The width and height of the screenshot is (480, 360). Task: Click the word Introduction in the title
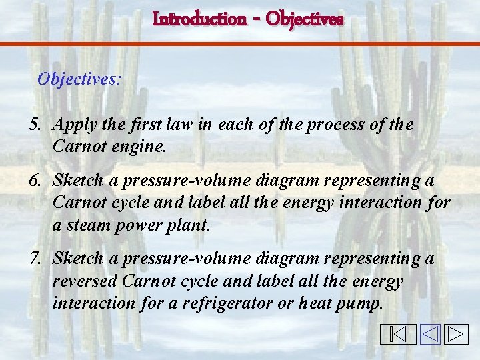199,19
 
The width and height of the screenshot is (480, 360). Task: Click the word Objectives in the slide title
304,19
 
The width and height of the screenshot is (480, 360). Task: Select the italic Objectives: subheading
79,79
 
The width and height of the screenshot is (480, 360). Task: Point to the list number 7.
35,258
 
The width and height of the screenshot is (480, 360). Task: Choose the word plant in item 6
192,225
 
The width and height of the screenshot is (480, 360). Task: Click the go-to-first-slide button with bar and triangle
397,334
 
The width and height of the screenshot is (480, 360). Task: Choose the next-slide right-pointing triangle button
457,334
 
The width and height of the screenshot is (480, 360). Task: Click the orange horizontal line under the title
240,44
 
